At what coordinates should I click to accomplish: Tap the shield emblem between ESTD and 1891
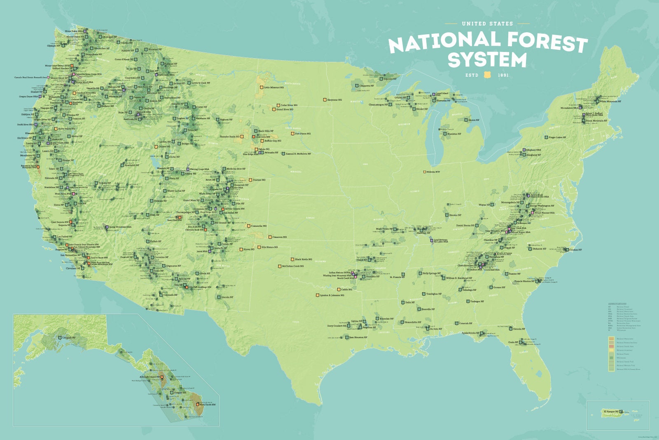488,75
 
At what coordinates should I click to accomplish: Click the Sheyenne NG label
334,100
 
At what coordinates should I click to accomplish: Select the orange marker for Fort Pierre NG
293,134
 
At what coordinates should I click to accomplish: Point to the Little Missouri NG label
273,87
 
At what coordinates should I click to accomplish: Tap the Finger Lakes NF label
557,137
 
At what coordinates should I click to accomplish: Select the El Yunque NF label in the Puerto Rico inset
610,412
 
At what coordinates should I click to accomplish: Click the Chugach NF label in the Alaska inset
69,337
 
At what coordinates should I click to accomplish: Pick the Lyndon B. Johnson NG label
332,295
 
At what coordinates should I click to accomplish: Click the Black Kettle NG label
304,259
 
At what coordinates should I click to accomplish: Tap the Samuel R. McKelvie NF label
298,154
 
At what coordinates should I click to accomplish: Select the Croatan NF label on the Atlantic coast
575,249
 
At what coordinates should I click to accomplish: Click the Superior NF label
390,79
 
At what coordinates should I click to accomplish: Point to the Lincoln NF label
227,297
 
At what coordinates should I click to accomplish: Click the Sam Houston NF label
358,337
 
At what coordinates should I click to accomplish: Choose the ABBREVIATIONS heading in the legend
617,304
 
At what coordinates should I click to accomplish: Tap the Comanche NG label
259,226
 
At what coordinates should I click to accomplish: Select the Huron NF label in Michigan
474,120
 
